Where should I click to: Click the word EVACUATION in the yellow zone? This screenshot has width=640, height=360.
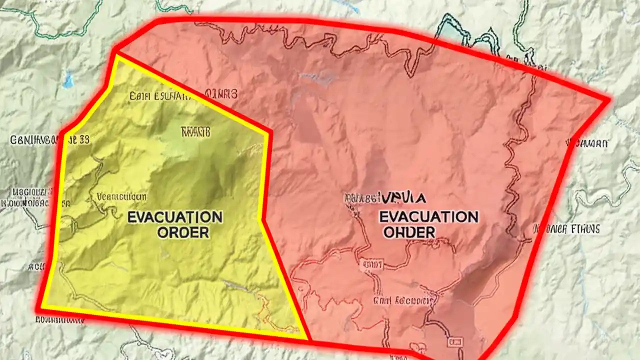[x=174, y=217]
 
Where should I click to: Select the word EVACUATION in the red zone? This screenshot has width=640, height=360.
[x=428, y=216]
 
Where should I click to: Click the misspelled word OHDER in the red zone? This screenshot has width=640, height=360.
[x=409, y=232]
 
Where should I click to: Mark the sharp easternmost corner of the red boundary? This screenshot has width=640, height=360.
[x=609, y=100]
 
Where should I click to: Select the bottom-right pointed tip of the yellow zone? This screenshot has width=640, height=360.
[x=306, y=338]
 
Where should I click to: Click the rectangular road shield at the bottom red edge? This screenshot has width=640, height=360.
[x=456, y=341]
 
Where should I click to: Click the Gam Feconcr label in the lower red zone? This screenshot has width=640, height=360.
[x=402, y=300]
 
